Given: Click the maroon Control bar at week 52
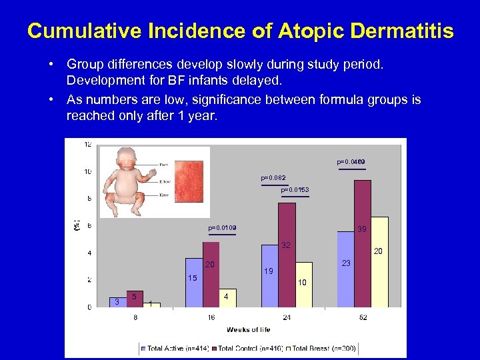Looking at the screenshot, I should (x=363, y=243).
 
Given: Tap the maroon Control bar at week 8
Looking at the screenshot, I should (x=135, y=299).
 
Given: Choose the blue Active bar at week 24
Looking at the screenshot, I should (x=269, y=275).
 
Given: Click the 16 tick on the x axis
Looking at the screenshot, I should (x=211, y=317).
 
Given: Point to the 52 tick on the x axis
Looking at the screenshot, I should (x=363, y=317).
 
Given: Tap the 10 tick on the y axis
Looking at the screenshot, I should (x=87, y=171).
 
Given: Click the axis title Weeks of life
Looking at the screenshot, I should (x=248, y=329).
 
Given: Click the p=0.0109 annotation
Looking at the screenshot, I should (x=222, y=228).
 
